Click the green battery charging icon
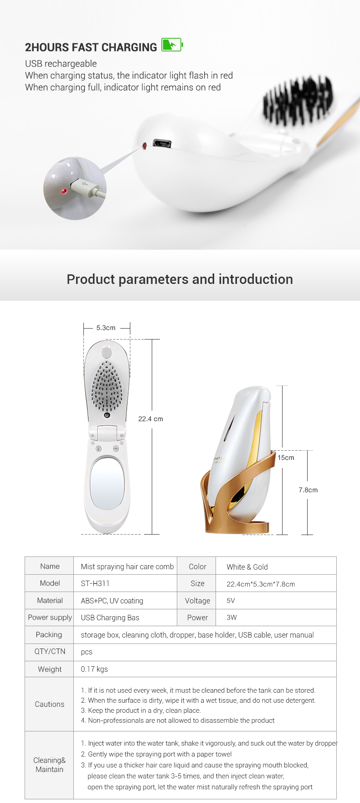[x=172, y=45]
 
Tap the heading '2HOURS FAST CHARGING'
[x=91, y=47]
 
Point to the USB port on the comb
[x=162, y=144]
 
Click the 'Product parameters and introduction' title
[x=180, y=279]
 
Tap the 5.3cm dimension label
[x=106, y=328]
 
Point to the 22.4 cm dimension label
[x=150, y=419]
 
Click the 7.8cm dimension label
[x=308, y=490]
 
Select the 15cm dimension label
[x=286, y=458]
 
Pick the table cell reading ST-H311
[x=95, y=583]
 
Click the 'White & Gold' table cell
[x=247, y=567]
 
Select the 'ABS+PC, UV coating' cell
[x=112, y=601]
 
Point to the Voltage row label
[x=197, y=601]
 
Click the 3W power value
[x=231, y=618]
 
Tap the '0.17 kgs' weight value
[x=94, y=669]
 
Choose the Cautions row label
[x=50, y=704]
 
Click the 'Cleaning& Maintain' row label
[x=50, y=765]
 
